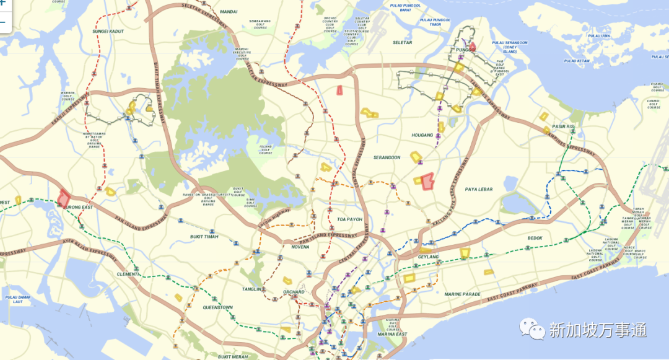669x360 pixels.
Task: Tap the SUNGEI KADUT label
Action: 108,30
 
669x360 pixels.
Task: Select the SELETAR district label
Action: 403,42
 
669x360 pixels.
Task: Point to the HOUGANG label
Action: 422,134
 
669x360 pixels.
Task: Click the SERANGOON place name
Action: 387,157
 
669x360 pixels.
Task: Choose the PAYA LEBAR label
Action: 479,189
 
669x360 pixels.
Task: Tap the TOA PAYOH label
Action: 349,219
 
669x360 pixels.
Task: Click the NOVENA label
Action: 300,247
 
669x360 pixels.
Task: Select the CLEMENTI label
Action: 129,274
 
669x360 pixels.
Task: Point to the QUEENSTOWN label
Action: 217,307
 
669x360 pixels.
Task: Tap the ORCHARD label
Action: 294,292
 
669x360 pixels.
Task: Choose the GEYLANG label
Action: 428,257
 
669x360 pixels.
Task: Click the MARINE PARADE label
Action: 462,294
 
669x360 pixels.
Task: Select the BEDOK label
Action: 535,238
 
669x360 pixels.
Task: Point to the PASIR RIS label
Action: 563,126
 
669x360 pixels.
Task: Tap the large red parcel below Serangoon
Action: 427,181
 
